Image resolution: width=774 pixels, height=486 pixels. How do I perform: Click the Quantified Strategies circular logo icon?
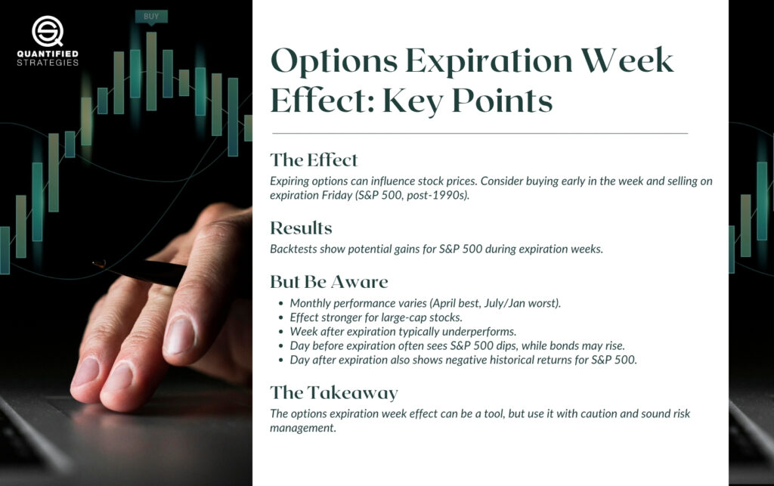click(x=48, y=31)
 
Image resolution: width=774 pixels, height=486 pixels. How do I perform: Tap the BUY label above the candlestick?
click(x=151, y=17)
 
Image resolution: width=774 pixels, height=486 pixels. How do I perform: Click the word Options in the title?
click(x=333, y=61)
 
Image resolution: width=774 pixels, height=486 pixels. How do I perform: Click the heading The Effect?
click(x=314, y=160)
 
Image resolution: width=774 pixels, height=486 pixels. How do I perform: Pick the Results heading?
click(x=301, y=228)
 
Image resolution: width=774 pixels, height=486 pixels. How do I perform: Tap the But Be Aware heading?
click(x=329, y=282)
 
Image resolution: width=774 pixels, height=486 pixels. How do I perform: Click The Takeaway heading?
click(x=333, y=393)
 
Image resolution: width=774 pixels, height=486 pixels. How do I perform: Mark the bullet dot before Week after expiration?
click(x=281, y=332)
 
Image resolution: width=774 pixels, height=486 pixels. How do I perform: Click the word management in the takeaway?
click(x=302, y=428)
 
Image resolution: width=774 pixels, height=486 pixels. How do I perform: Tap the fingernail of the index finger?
click(x=178, y=335)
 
